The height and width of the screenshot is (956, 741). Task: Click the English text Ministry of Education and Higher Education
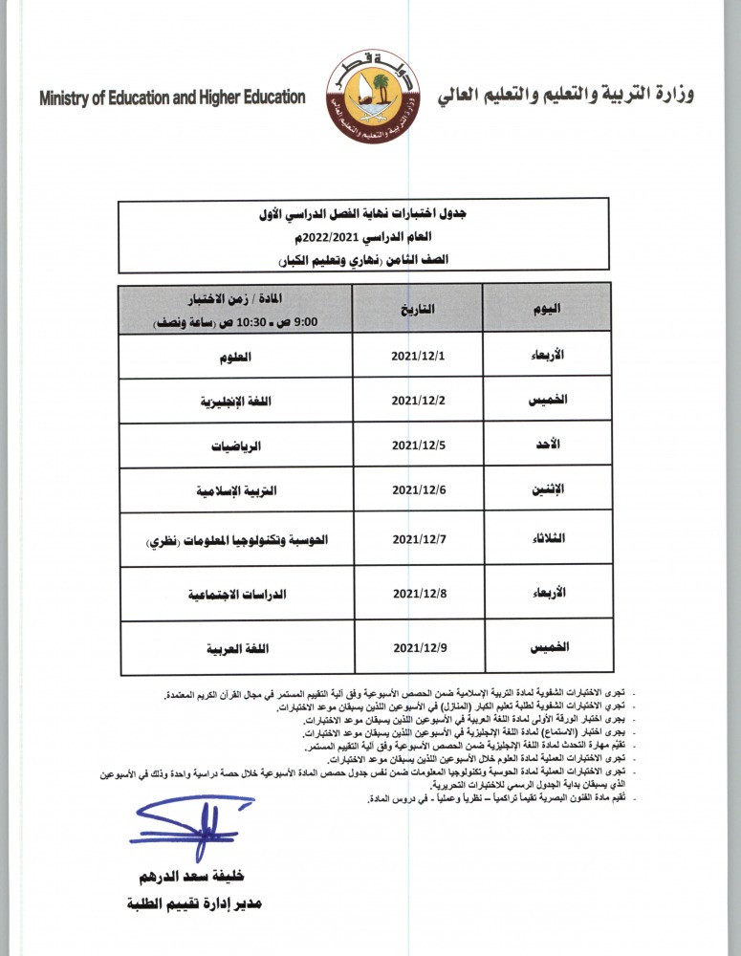point(173,98)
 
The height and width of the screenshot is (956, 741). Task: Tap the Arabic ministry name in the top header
point(565,96)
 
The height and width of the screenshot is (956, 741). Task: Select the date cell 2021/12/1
point(419,356)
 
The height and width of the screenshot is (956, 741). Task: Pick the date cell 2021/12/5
point(419,445)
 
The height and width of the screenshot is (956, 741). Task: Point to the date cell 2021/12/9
point(419,649)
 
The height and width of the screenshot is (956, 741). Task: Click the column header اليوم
point(546,309)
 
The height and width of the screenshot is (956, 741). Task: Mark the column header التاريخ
point(419,309)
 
